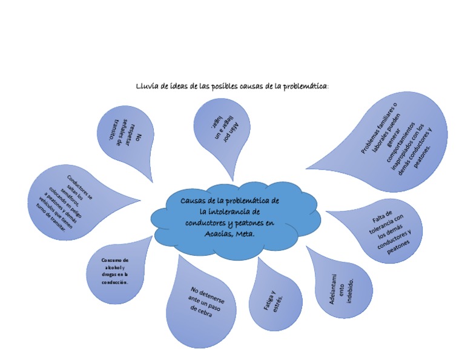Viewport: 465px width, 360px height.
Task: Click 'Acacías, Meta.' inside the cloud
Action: point(229,233)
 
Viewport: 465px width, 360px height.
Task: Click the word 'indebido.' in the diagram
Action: point(349,292)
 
